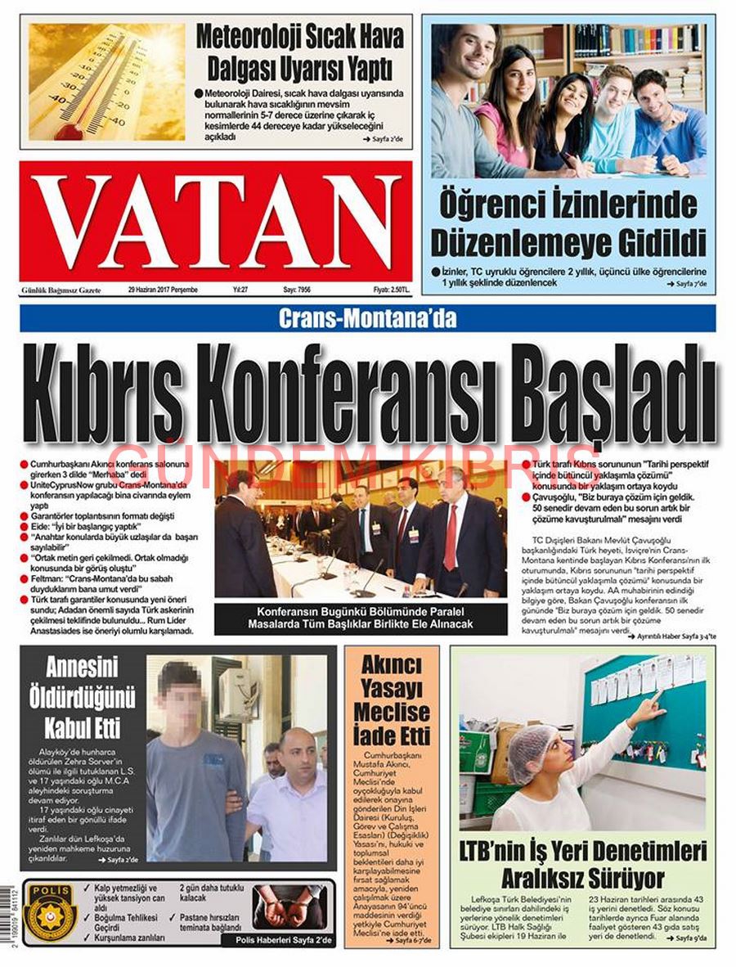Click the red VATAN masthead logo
click(216, 221)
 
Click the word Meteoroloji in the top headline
click(246, 37)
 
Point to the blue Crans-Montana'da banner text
click(367, 318)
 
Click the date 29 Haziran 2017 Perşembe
click(163, 290)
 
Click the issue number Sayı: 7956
click(298, 290)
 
